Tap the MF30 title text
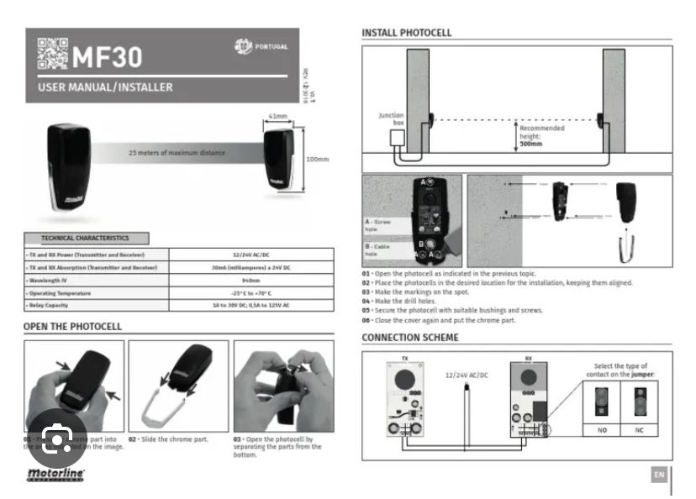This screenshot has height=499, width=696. point(107,56)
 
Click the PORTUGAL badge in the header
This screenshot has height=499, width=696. point(261,46)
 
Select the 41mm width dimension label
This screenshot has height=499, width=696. point(278,116)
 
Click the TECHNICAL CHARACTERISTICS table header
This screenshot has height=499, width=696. point(86,239)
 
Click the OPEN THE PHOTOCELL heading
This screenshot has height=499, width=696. point(72,326)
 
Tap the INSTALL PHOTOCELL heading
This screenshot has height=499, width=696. point(406,33)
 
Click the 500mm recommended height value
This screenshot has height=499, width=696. point(530,144)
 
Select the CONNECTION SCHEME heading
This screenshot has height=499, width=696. point(410,338)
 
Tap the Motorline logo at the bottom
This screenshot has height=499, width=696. point(53,475)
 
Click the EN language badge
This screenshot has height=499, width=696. point(659,475)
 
